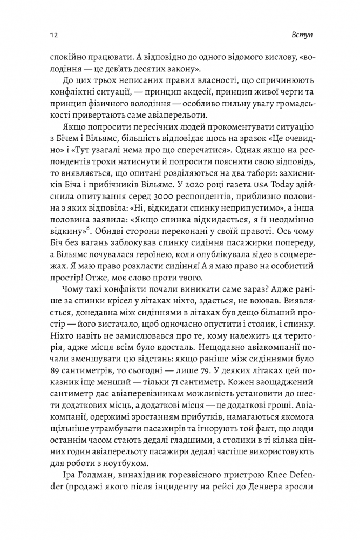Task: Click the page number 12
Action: [47, 35]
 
